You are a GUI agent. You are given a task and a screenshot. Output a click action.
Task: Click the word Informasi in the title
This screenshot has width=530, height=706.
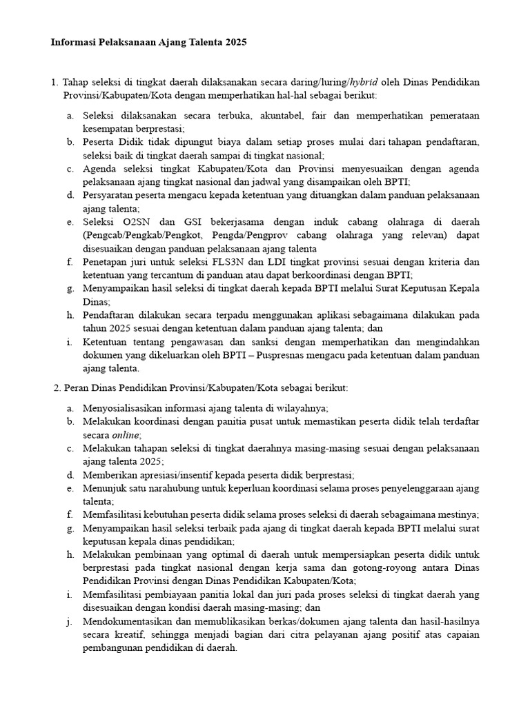(74, 42)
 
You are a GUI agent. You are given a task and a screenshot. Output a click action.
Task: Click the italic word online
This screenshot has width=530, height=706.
(126, 435)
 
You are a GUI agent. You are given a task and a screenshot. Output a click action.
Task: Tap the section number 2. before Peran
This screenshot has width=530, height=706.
(57, 388)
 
